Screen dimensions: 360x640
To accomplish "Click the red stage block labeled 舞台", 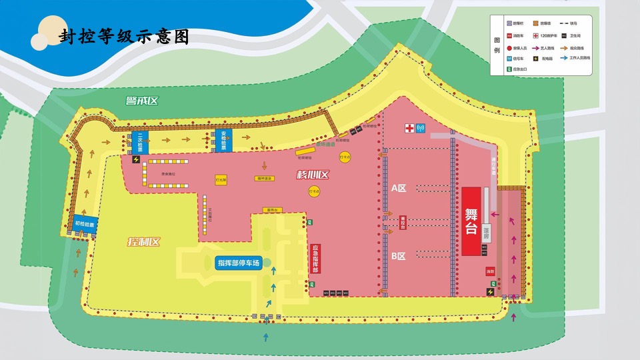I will (471, 221).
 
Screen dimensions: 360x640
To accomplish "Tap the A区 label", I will (399, 188).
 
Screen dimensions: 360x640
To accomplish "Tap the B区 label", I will (399, 256).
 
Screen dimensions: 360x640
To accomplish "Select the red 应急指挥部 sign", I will (315, 259).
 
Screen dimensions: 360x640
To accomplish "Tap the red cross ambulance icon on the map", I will (409, 128).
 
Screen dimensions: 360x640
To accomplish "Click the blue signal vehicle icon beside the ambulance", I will (421, 128).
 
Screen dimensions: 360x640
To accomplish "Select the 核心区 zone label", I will (313, 175).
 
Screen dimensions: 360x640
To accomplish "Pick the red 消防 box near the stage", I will (490, 271).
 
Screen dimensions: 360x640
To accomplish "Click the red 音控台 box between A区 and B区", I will (403, 221).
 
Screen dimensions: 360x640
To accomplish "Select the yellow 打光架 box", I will (221, 180).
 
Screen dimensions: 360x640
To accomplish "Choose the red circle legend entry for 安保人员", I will (510, 47).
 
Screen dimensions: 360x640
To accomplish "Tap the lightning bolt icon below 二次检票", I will (137, 159).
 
